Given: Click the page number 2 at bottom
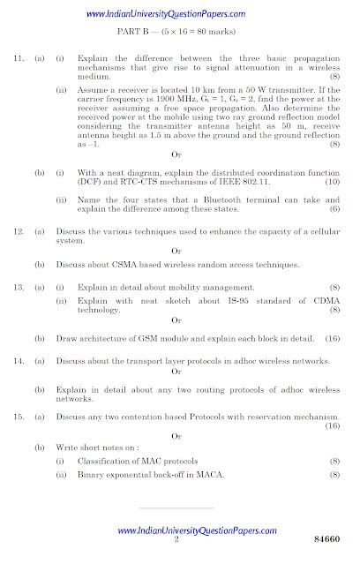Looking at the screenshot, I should coord(176,539).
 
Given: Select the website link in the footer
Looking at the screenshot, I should coord(181,530).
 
